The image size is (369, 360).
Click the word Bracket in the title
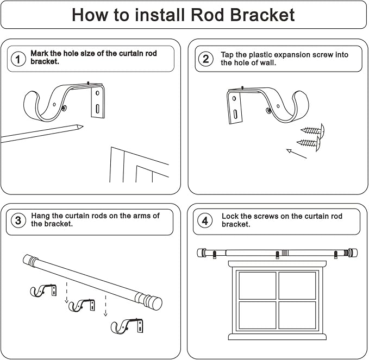coord(261,15)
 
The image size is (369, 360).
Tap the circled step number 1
coord(18,59)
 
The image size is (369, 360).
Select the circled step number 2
coord(205,59)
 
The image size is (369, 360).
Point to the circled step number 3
coord(18,220)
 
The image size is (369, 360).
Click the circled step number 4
coord(205,220)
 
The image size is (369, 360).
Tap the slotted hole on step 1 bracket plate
coord(97,109)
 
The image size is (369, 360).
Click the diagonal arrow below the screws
coord(297,154)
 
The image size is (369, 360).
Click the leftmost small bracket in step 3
coord(42,290)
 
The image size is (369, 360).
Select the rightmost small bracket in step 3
coord(128,326)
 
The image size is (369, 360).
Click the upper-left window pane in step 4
coord(257,285)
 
